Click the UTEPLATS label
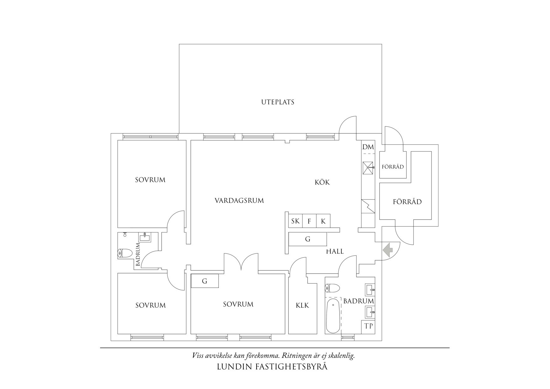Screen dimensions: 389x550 (x=278, y=102)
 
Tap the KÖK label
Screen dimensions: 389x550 (x=322, y=182)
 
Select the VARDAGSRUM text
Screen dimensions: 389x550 (x=239, y=200)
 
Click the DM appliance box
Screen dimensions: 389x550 (x=368, y=147)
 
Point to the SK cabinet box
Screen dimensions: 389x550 (x=295, y=221)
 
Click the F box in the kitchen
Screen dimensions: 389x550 (x=309, y=221)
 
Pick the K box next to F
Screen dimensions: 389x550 (x=323, y=221)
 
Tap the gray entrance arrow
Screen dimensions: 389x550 (x=388, y=250)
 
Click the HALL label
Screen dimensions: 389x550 (x=335, y=251)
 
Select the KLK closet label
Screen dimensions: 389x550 (x=302, y=305)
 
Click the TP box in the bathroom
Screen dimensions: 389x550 (x=368, y=326)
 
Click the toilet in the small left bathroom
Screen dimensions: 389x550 (x=125, y=253)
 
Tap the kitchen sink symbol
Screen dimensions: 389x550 (x=368, y=168)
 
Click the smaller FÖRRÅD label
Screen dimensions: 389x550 (x=393, y=167)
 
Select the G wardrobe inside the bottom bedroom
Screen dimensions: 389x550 (x=204, y=281)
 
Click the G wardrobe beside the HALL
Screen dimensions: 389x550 (x=308, y=239)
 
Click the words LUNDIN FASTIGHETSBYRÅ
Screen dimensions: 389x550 (x=272, y=366)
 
